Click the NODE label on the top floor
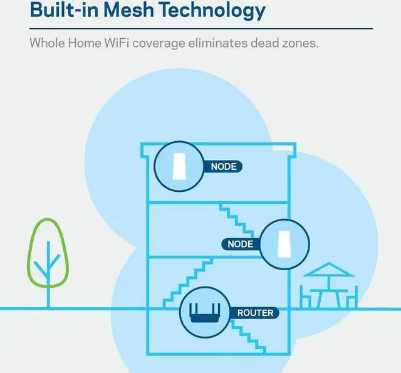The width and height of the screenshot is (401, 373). [223, 167]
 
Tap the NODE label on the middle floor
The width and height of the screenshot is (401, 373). [241, 243]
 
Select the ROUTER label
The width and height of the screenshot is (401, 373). [255, 312]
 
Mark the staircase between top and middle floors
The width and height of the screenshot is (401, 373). [239, 219]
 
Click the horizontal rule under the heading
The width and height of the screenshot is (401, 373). [200, 29]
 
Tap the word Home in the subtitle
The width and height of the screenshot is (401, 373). [90, 45]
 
